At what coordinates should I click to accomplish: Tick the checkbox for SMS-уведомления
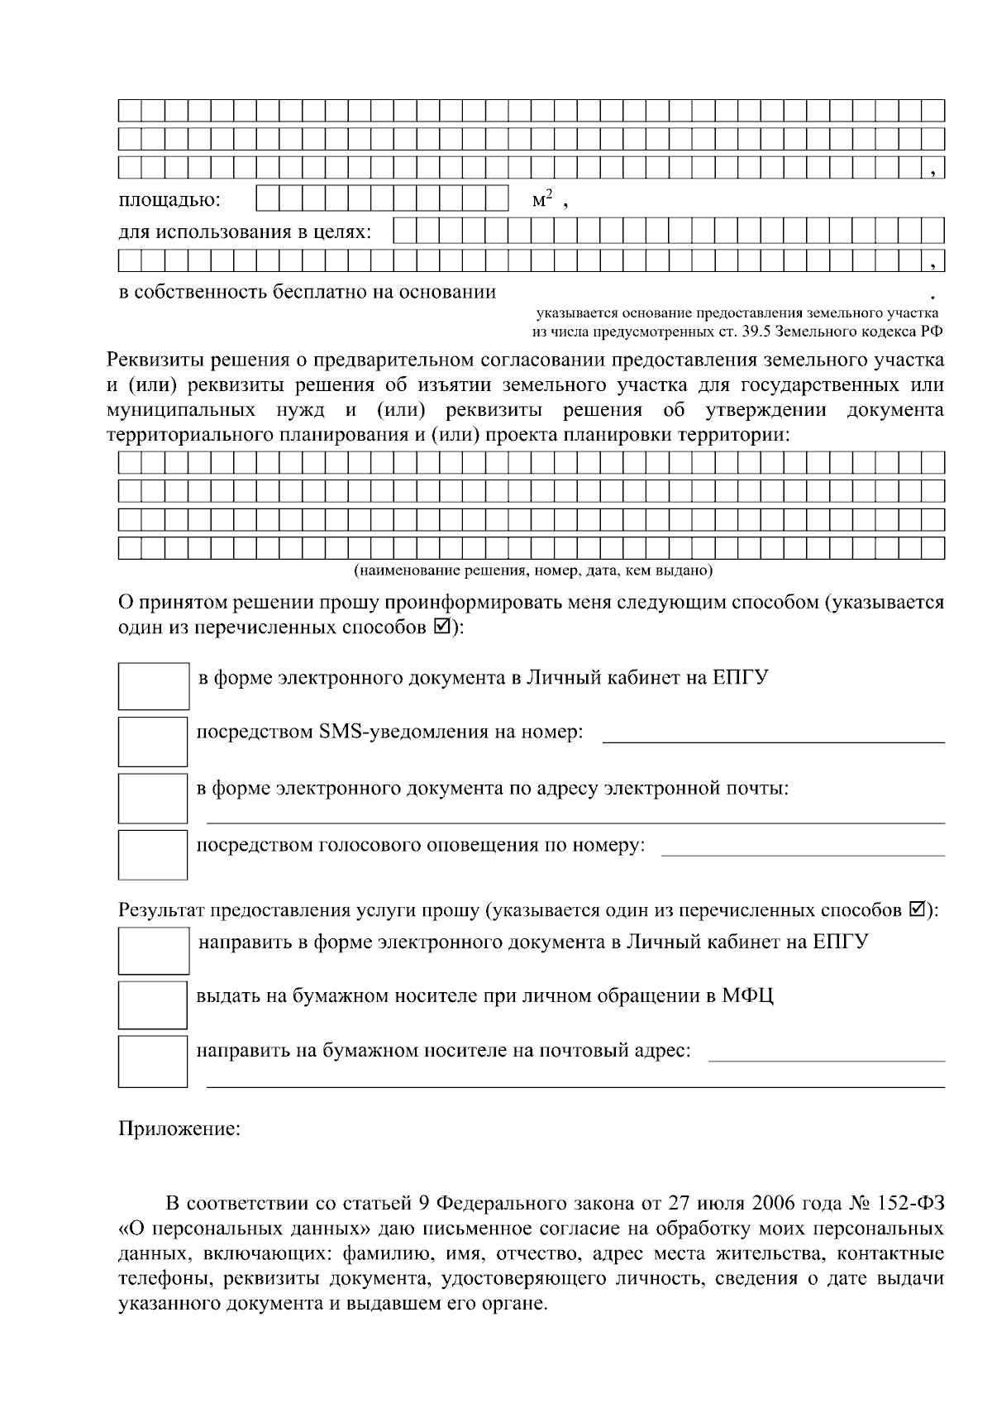click(153, 741)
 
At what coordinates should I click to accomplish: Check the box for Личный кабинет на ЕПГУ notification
click(153, 685)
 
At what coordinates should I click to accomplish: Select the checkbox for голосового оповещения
click(153, 854)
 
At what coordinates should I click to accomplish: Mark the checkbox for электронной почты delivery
click(153, 797)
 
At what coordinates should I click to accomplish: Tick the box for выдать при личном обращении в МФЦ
click(153, 1005)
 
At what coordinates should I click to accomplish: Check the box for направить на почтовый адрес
click(153, 1061)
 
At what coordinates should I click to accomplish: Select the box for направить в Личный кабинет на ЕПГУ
click(153, 951)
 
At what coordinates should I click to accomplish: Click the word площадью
click(169, 201)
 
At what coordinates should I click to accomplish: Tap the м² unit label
click(541, 199)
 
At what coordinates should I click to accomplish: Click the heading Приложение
click(179, 1129)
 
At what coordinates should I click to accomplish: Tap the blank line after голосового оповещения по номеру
click(802, 852)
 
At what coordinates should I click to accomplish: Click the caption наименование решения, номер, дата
click(533, 570)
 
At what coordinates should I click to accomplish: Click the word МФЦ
click(748, 995)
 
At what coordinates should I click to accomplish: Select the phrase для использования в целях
click(245, 231)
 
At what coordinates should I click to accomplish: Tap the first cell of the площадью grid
click(267, 198)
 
